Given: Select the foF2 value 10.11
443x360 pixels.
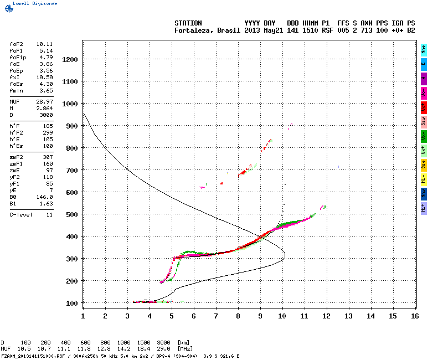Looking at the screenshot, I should click(x=44, y=43).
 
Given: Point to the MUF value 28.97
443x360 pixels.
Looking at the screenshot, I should click(x=44, y=102).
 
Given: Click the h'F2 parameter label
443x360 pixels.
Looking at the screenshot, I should click(x=15, y=133).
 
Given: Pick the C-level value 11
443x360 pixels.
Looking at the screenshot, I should click(x=49, y=214).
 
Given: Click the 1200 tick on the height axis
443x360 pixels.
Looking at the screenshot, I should click(x=69, y=59).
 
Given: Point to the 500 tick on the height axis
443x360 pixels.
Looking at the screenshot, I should click(x=71, y=214).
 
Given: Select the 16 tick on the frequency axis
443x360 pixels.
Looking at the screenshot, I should click(x=415, y=316).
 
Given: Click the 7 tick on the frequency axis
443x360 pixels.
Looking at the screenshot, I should click(x=216, y=316).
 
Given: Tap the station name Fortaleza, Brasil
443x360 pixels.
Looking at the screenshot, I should click(x=208, y=30).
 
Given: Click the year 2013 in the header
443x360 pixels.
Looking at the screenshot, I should click(x=252, y=30).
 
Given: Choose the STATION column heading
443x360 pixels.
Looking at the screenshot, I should click(x=188, y=23).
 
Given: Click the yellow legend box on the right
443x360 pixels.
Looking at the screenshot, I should click(x=424, y=164).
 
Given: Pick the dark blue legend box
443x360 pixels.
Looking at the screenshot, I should click(x=424, y=193).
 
